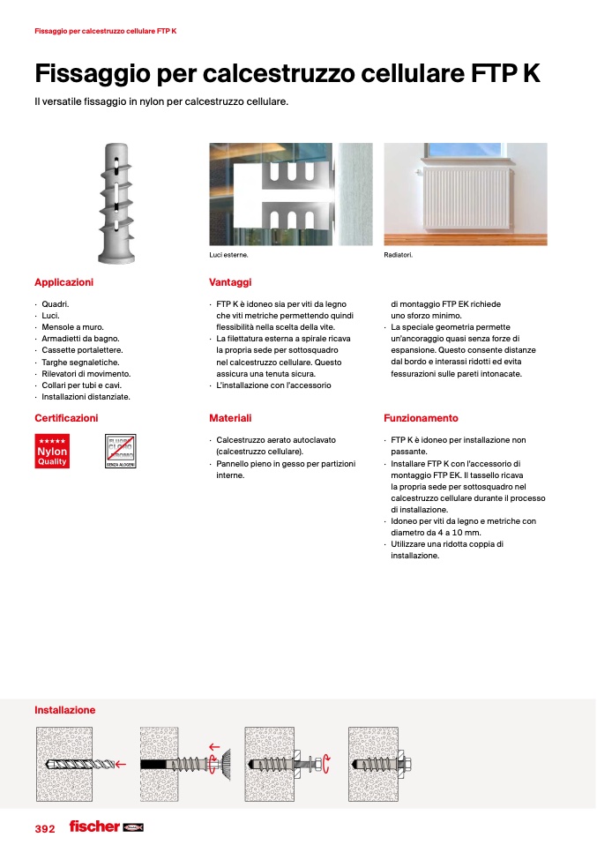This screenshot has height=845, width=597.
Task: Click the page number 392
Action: [45, 828]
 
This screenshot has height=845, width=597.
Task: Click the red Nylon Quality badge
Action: [52, 451]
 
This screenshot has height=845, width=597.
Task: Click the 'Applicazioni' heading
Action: [63, 282]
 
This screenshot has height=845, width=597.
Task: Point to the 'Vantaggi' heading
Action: [230, 282]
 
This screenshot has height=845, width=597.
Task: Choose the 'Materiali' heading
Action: [230, 418]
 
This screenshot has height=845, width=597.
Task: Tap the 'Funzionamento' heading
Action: [421, 418]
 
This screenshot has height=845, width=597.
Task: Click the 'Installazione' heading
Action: [64, 710]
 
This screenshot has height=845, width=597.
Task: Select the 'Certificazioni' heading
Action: [66, 418]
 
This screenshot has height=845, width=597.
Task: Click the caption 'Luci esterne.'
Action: [228, 256]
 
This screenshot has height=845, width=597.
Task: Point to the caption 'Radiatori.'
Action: [399, 256]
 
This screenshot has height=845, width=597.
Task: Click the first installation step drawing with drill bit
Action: [77, 763]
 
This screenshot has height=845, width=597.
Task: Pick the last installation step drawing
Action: [387, 763]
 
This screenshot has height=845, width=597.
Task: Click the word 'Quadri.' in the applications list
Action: [56, 304]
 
